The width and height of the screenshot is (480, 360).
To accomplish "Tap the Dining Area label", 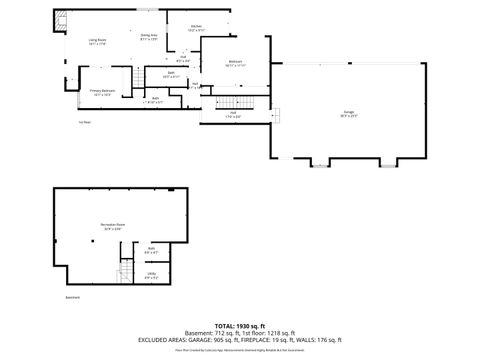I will pos(148,37).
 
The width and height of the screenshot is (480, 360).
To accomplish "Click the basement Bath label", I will pos(151,250).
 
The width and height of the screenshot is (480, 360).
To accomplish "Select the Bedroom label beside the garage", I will pos(235,63).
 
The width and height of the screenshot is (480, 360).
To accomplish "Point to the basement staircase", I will pos(125,272).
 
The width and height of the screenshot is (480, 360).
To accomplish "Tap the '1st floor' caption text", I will pos(85,122).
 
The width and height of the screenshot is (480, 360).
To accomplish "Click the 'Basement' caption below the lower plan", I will pos(72,297).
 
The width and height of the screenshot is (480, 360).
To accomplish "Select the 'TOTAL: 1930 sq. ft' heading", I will pos(240,326).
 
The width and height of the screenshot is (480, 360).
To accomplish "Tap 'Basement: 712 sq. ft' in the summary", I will pos(215,333).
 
